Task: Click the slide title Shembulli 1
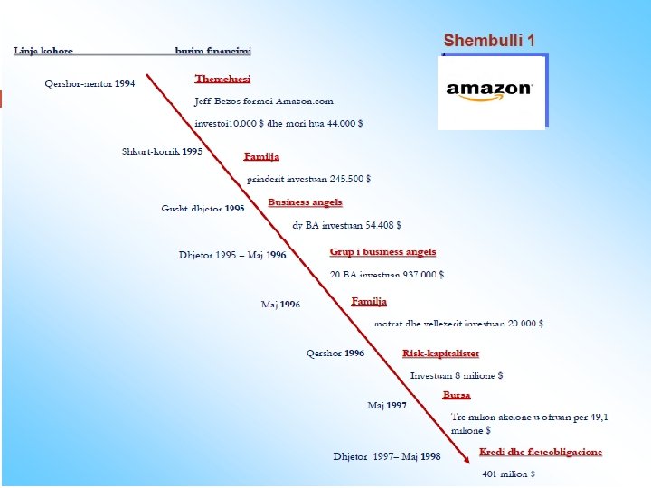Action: (x=488, y=41)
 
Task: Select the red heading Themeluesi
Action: (x=222, y=80)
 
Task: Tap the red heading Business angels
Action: (x=305, y=202)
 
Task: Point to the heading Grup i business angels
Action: (x=382, y=252)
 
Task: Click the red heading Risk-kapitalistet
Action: (x=440, y=353)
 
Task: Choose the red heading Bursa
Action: (x=457, y=395)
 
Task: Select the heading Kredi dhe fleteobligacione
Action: (x=540, y=452)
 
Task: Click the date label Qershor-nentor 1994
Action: (x=90, y=84)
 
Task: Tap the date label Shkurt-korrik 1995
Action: (x=162, y=151)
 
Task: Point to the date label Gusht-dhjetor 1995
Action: (x=203, y=209)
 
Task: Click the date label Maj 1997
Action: (x=386, y=406)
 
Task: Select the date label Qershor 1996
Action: (x=335, y=353)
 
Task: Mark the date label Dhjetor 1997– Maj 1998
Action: (x=386, y=456)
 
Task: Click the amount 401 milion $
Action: (x=508, y=474)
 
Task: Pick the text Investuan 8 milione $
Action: (x=457, y=375)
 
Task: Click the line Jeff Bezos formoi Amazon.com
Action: (x=264, y=101)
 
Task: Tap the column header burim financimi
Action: (x=213, y=51)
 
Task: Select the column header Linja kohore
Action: (x=43, y=51)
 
